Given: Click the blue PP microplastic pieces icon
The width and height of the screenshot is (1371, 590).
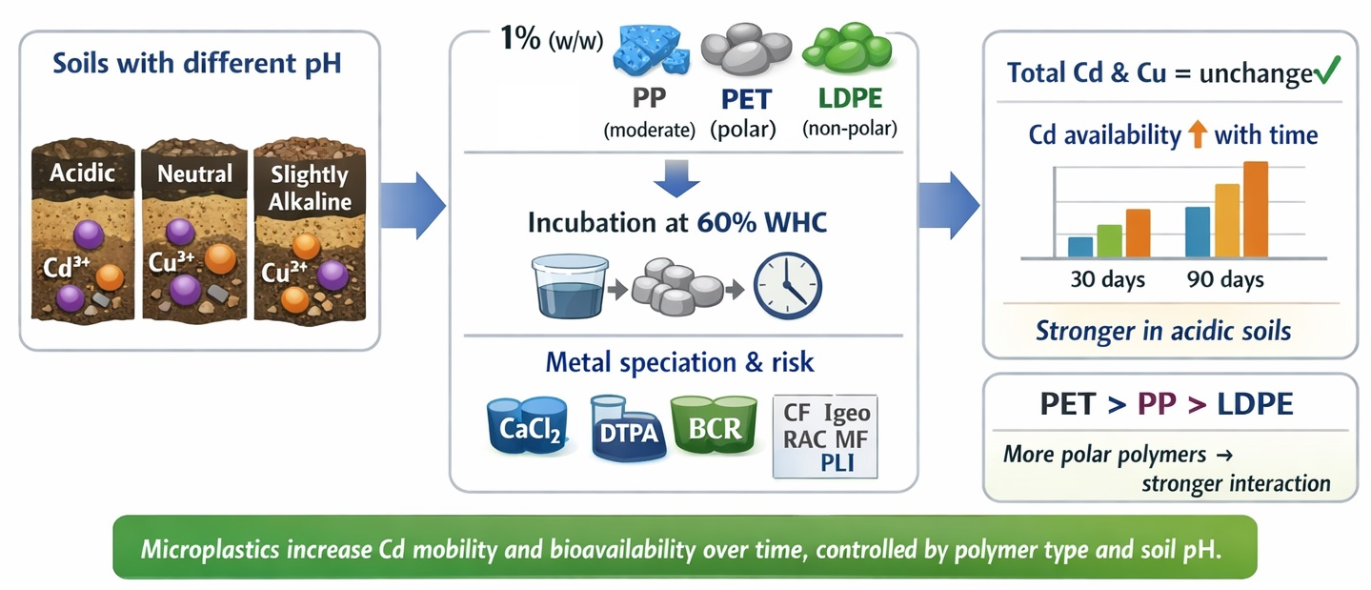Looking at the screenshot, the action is [x=651, y=51].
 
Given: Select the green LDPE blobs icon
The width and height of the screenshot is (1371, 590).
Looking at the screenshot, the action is [x=848, y=48].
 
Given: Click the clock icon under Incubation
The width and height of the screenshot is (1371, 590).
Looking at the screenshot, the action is [x=787, y=286].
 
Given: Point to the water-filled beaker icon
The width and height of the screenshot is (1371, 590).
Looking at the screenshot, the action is [x=570, y=287].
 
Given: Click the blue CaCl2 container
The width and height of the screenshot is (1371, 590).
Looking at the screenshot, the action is [x=528, y=426].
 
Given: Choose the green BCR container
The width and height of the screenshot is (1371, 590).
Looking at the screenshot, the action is [x=715, y=425].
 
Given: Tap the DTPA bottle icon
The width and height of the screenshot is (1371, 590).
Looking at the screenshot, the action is [x=628, y=428].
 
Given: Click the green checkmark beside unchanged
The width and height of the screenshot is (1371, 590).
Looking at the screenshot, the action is [x=1327, y=71].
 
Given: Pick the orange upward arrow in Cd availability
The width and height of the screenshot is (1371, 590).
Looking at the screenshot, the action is [x=1198, y=134].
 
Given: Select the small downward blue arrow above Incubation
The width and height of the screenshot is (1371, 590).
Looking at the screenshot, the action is [x=676, y=178].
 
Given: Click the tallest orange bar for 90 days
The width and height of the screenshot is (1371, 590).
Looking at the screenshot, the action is [x=1256, y=210].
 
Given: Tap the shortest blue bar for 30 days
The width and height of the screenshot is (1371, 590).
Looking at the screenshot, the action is [x=1080, y=247].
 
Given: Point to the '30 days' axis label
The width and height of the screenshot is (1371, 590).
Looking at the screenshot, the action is [x=1107, y=279].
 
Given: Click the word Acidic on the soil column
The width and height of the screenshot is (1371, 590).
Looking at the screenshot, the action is [x=82, y=173].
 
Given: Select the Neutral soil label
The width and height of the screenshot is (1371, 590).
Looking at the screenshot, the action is [x=194, y=173].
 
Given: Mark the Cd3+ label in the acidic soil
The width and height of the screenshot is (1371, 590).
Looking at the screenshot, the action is [x=66, y=268].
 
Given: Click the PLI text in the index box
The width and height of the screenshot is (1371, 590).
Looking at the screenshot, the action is [x=837, y=463].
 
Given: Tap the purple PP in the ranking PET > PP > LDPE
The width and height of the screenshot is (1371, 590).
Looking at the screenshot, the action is [x=1157, y=404].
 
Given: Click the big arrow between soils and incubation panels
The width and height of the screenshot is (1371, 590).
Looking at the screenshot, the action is [x=413, y=205].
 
